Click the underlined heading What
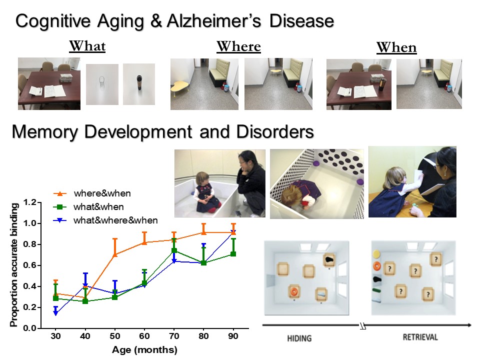click(x=87, y=46)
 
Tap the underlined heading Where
click(x=239, y=46)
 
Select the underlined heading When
click(x=396, y=47)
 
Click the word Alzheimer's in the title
click(x=213, y=21)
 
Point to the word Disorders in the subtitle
click(x=275, y=131)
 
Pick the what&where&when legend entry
click(x=105, y=220)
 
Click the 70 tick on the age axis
click(x=174, y=336)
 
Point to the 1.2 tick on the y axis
click(x=29, y=202)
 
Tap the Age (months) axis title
click(x=144, y=349)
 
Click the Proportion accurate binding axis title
click(x=14, y=265)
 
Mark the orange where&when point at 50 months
click(x=115, y=254)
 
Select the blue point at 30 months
click(x=55, y=313)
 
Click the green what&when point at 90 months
click(x=233, y=254)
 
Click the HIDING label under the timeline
click(x=299, y=338)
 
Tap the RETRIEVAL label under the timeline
click(x=420, y=337)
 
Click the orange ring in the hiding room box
click(x=294, y=291)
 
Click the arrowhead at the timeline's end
click(x=469, y=325)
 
